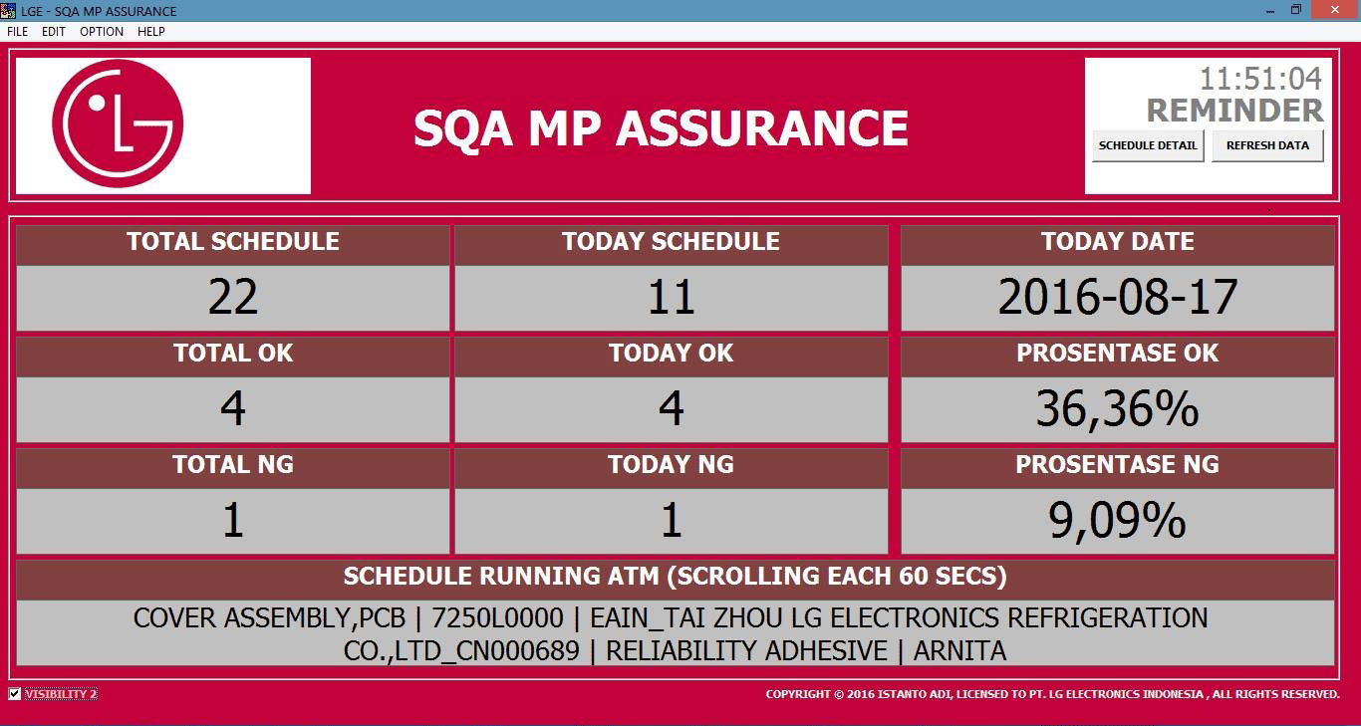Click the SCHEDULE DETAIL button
pos(1148,145)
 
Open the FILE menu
pos(18,32)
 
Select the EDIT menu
pos(54,32)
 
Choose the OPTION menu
pos(102,32)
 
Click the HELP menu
pos(151,32)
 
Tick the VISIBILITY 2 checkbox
pos(15,694)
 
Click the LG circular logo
pos(118,123)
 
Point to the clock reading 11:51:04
pos(1260,79)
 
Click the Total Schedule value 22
pos(233,297)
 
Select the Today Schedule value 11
pos(672,297)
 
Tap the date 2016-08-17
pos(1117,297)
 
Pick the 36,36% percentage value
pos(1117,409)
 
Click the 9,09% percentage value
pos(1117,521)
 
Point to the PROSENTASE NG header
pos(1117,465)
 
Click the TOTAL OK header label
pos(233,353)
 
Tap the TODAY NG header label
pos(672,465)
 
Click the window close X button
pos(1335,10)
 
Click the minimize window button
pos(1270,10)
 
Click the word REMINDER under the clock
pos(1234,111)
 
